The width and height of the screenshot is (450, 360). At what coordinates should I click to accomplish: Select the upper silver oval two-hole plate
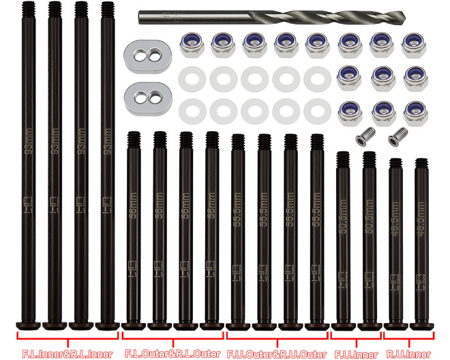coord(147,55)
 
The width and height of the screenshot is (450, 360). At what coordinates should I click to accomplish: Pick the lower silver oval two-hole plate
coord(147,95)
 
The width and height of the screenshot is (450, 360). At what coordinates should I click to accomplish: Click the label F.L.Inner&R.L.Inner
coord(67,354)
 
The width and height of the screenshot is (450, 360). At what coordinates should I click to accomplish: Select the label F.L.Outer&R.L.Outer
coord(172,354)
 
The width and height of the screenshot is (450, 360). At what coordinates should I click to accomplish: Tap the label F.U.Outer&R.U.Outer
coord(277,354)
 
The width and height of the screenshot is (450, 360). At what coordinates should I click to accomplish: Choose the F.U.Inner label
coord(355,354)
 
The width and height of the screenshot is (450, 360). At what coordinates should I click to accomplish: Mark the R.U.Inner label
coord(408,354)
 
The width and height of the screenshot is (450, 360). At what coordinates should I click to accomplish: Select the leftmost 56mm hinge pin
coord(134,232)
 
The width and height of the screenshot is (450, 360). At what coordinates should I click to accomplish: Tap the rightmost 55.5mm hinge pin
coord(316,232)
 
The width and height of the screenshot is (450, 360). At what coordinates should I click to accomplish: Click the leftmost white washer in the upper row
coord(192,79)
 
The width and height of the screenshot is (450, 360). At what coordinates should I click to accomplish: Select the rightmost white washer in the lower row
coord(317,110)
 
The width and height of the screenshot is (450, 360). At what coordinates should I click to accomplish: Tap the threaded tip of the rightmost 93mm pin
coord(106,10)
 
